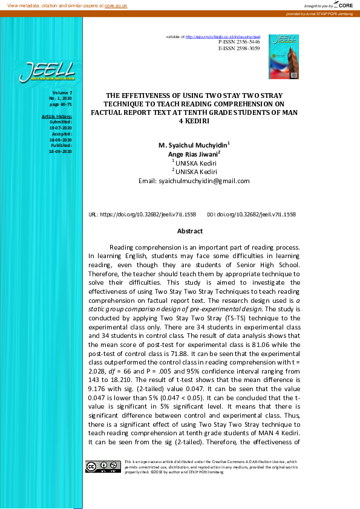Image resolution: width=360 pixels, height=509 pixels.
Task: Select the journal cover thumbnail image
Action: [284, 56]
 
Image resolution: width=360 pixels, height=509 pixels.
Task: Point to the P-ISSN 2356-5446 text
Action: [239, 42]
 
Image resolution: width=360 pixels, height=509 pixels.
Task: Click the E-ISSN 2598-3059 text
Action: [239, 48]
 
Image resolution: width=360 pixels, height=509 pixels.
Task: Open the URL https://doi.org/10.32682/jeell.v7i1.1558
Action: [142, 214]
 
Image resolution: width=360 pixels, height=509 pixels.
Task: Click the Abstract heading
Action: [189, 231]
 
